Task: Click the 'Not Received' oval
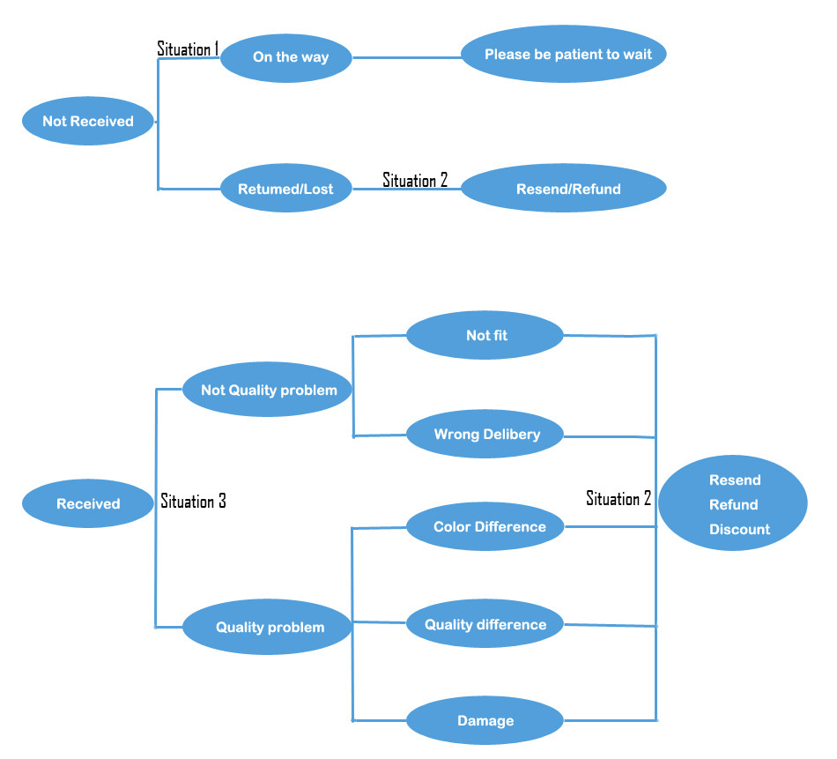[x=88, y=122]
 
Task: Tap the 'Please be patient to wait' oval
[x=564, y=55]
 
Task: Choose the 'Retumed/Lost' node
[x=287, y=188]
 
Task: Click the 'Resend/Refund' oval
[x=564, y=189]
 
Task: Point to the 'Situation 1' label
[x=187, y=48]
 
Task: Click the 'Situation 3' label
[x=193, y=502]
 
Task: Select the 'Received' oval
[x=88, y=504]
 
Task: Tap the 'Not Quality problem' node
[x=268, y=390]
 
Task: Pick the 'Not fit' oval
[x=485, y=335]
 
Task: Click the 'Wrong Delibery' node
[x=485, y=434]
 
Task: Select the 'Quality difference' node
[x=485, y=625]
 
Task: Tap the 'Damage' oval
[x=485, y=721]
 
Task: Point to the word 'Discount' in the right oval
[x=739, y=530]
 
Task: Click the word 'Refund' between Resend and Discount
[x=733, y=505]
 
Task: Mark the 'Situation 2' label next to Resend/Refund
[x=415, y=180]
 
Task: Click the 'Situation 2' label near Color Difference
[x=618, y=499]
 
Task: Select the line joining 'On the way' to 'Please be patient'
[x=407, y=58]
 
